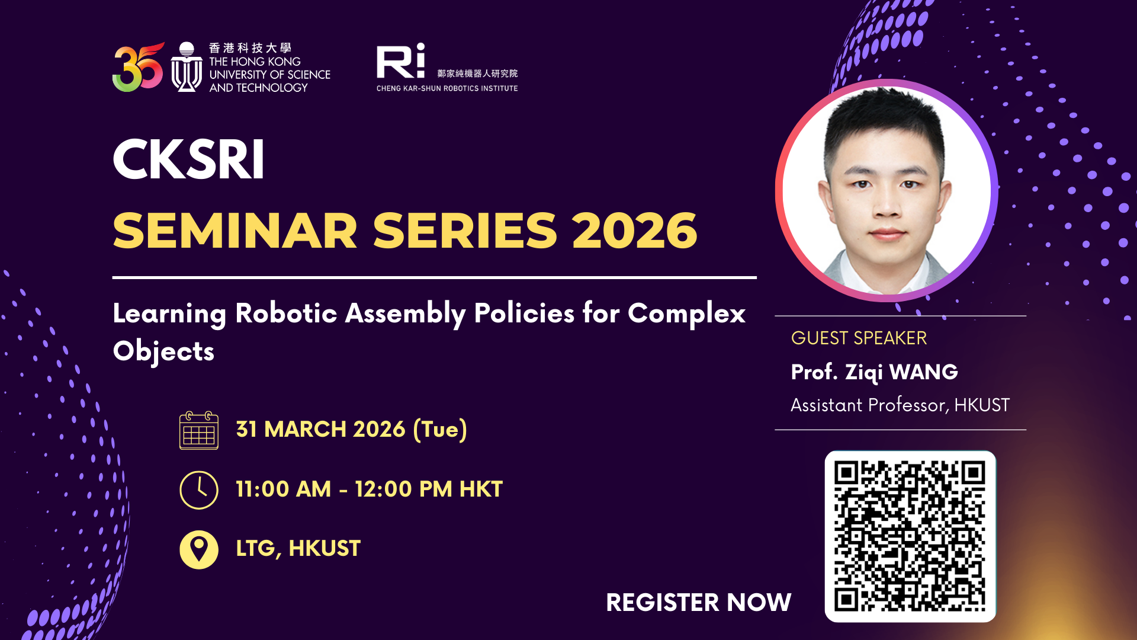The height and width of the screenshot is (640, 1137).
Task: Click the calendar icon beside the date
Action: (x=199, y=431)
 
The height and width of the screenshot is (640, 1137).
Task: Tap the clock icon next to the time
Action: (x=199, y=490)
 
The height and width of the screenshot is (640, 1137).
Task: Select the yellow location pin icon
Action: (x=199, y=549)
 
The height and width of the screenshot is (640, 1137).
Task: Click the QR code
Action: (x=910, y=536)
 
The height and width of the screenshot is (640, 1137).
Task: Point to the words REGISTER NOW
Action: (x=698, y=603)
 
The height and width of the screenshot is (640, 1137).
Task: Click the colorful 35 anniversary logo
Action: (x=137, y=67)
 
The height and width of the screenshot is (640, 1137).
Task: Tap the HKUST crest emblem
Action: (x=187, y=67)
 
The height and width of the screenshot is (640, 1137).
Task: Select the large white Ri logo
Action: (x=401, y=60)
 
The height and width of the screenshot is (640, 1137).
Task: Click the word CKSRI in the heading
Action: (x=188, y=160)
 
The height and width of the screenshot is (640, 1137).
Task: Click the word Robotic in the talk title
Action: (x=286, y=313)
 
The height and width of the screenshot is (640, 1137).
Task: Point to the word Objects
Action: (x=163, y=351)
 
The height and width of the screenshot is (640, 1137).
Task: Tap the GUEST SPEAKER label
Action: (x=859, y=338)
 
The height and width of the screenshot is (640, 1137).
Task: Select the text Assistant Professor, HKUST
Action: (x=900, y=405)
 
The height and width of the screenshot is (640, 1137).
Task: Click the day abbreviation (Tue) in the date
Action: (x=440, y=430)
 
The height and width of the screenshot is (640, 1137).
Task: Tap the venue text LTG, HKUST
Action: (x=298, y=549)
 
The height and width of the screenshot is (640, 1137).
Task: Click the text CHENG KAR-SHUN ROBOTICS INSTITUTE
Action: (x=447, y=88)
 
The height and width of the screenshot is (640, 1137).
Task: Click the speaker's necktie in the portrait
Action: (x=887, y=289)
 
